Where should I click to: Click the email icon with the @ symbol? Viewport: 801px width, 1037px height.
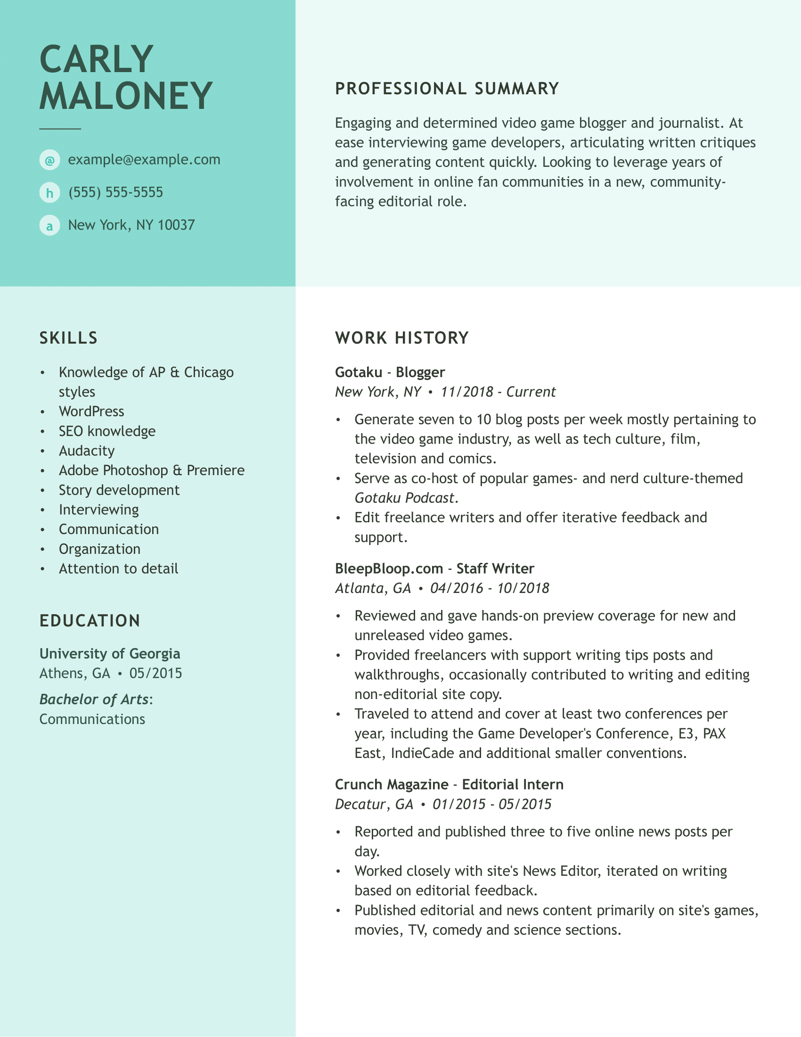49,160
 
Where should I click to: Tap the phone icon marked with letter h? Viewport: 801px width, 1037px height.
49,193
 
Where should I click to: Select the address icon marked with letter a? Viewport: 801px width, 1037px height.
49,225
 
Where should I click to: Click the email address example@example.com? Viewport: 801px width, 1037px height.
144,159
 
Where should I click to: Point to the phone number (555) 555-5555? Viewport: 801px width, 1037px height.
115,192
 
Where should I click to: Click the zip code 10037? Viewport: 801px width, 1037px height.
176,225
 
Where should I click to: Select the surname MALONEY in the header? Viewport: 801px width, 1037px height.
126,96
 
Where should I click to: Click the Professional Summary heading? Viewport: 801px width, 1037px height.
447,89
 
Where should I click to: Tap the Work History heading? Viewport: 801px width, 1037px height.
402,338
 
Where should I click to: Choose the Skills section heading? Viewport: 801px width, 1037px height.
68,338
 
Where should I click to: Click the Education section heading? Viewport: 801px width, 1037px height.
90,621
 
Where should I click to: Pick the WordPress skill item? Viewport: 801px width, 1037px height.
91,411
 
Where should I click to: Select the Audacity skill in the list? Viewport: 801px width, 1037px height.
86,451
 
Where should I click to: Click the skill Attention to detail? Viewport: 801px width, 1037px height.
118,568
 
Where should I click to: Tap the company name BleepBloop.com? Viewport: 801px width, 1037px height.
389,568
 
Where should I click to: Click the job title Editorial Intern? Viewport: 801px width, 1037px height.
513,784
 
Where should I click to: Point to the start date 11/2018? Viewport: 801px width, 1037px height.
467,392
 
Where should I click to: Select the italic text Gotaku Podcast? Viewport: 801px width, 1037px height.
404,498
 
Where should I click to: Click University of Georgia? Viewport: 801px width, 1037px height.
110,654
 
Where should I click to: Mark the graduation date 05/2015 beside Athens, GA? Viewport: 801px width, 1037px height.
155,673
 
